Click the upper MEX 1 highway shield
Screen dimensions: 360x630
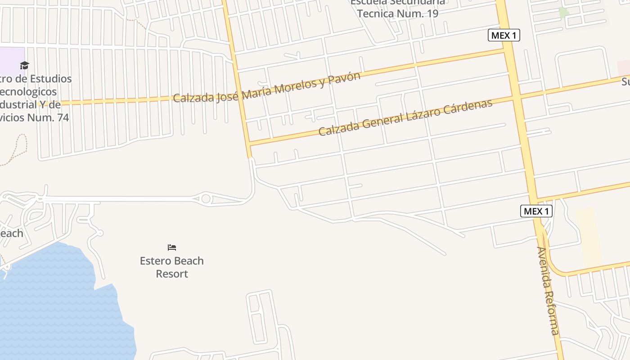504,35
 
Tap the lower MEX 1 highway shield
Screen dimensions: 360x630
536,211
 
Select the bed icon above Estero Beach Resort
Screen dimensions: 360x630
172,247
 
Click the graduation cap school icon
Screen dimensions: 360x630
24,66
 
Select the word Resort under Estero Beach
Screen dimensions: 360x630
171,274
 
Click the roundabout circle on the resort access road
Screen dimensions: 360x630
206,198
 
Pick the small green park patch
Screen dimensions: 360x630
563,13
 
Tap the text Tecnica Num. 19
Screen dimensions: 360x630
398,13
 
